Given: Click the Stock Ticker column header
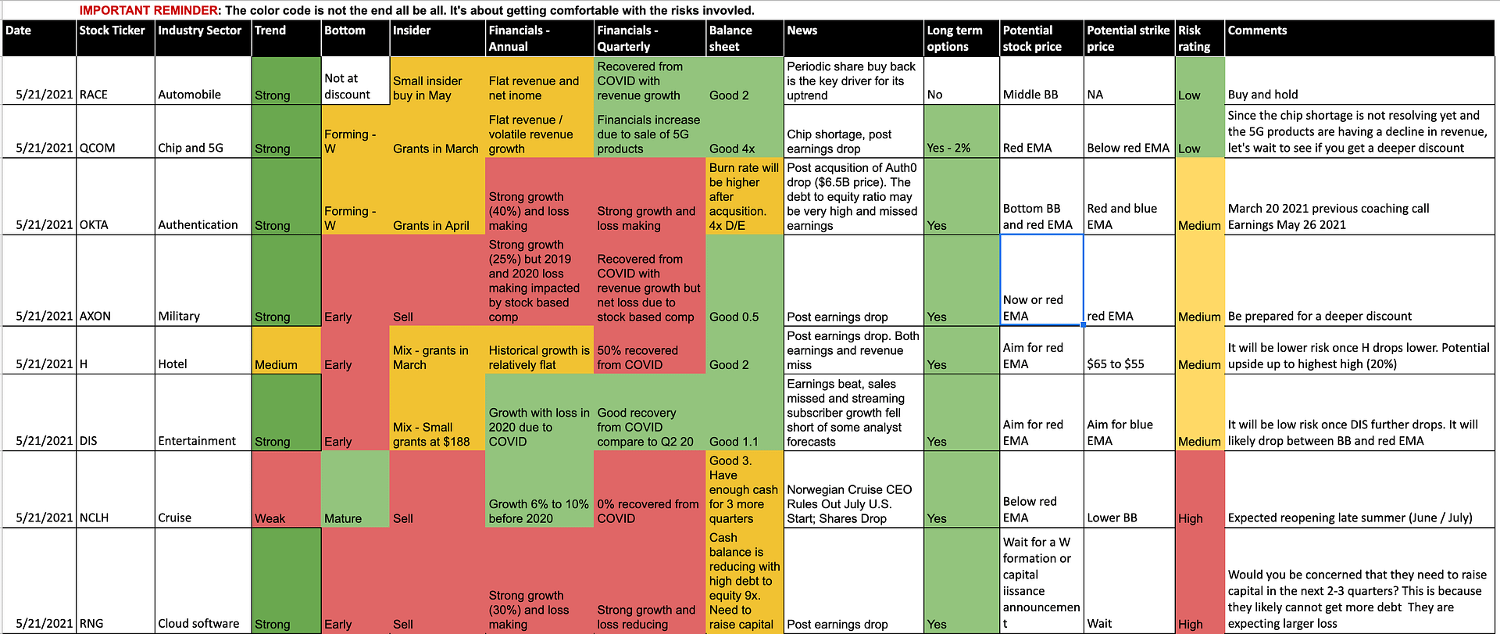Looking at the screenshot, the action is [116, 38].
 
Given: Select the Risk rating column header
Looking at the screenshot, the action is [1199, 38].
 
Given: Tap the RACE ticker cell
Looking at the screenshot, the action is [116, 81].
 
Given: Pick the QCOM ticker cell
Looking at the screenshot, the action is [116, 131].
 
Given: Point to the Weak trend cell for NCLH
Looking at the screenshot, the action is [286, 489].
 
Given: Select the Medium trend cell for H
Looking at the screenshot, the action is [286, 350].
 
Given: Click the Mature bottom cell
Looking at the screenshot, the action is [355, 489].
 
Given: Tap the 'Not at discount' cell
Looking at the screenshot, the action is [355, 81].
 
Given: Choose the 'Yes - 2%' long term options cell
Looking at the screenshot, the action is [961, 131].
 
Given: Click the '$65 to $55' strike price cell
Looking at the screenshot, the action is [1129, 350].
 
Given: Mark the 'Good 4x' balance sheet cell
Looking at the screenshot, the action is [745, 131].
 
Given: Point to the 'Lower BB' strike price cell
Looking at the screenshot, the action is [1129, 489].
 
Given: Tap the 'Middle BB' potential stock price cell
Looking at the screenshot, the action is [1041, 81].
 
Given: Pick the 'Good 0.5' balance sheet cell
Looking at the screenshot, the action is [745, 281].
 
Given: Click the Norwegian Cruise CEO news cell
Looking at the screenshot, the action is [853, 489].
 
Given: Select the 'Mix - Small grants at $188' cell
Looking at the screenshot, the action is [437, 413].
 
